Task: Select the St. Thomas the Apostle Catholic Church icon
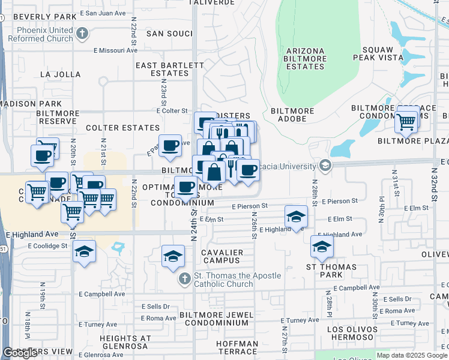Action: click(x=185, y=280)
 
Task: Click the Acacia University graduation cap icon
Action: click(x=325, y=166)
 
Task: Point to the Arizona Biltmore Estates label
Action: click(x=306, y=58)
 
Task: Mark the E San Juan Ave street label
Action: click(x=105, y=12)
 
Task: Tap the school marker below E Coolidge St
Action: click(x=84, y=252)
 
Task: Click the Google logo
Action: click(x=20, y=353)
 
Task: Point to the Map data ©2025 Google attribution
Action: click(x=411, y=355)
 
